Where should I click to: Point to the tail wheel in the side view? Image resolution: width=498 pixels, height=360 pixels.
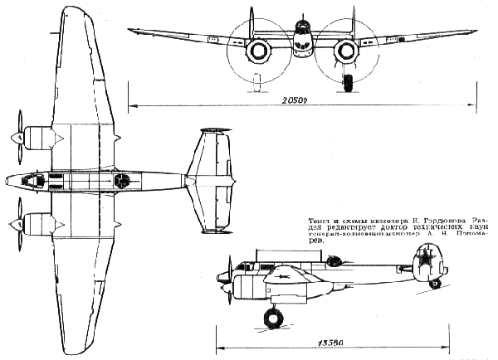[x=434, y=285]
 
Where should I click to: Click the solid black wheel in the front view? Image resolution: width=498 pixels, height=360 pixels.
[x=348, y=82]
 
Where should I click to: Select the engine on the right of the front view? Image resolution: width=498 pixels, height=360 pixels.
[x=347, y=52]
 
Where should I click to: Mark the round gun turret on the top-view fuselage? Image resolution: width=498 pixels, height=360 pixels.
[x=122, y=179]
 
